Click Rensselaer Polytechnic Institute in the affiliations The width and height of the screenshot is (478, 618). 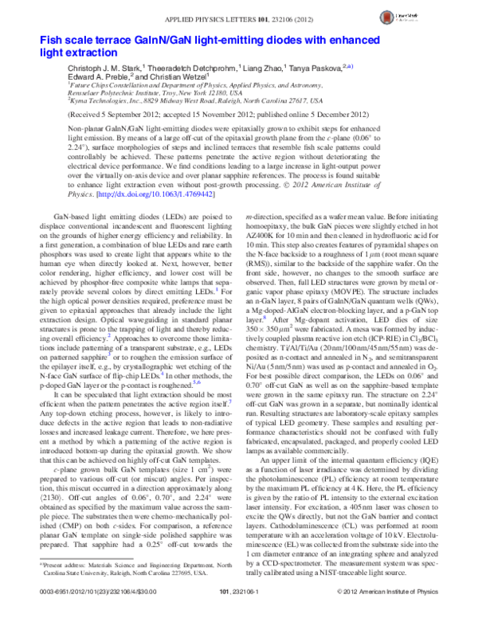coord(123,93)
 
